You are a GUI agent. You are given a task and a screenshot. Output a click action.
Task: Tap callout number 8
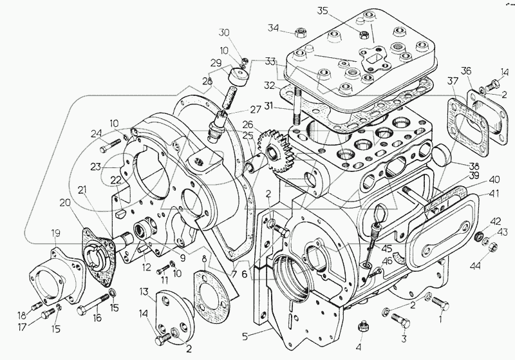[205, 259]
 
